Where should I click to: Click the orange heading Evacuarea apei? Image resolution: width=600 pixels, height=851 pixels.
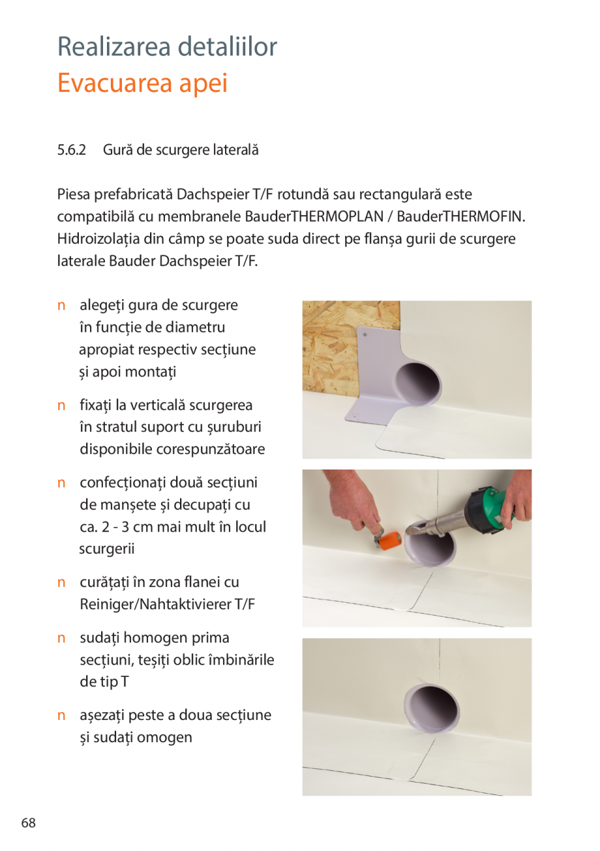tap(142, 83)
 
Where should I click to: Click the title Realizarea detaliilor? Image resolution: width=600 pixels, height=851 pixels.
tap(167, 47)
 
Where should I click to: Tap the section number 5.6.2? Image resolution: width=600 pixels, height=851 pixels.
tap(72, 150)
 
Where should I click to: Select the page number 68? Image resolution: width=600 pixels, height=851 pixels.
tap(28, 822)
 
